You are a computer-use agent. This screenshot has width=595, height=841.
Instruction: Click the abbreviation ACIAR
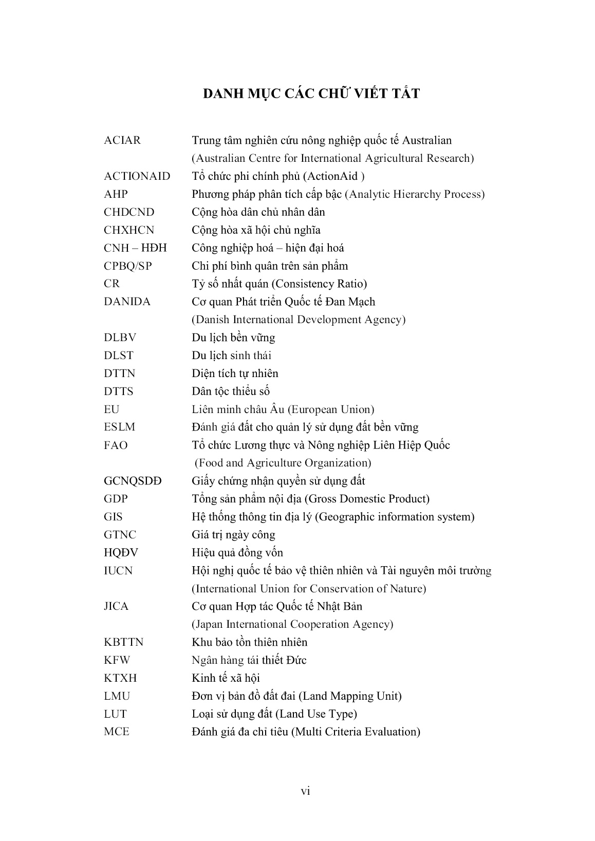click(122, 140)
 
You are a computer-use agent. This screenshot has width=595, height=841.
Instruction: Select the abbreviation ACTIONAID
click(137, 176)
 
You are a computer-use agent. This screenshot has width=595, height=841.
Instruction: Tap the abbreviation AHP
click(116, 194)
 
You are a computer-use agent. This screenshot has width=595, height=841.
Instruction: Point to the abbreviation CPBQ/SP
click(127, 266)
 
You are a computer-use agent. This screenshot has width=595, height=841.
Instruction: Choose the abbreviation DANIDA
click(127, 302)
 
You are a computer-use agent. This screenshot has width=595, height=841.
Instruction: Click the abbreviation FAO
click(116, 445)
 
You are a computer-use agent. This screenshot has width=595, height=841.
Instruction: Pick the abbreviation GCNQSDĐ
click(133, 481)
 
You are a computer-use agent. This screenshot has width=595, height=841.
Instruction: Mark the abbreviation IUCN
click(118, 571)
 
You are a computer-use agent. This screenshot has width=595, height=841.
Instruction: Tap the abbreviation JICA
click(116, 607)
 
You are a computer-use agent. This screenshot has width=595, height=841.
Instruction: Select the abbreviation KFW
click(117, 660)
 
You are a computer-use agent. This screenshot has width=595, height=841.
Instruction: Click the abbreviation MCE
click(117, 732)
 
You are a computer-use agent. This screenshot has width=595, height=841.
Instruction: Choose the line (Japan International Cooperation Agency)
click(292, 624)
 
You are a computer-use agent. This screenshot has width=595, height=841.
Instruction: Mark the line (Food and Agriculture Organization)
click(283, 463)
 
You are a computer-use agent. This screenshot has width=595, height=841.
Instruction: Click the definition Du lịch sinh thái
click(231, 356)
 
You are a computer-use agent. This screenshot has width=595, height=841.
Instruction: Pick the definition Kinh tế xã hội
click(226, 678)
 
